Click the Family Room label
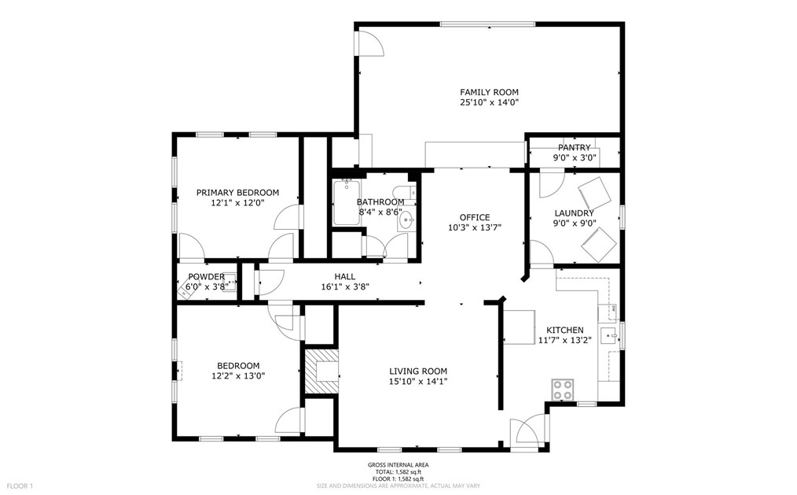(x=489, y=92)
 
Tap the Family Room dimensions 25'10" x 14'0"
(x=489, y=102)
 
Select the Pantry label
(x=575, y=147)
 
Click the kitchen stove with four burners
(x=563, y=390)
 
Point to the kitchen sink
(x=608, y=336)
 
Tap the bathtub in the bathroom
(x=346, y=202)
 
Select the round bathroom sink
(x=406, y=221)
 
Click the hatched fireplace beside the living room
(x=321, y=371)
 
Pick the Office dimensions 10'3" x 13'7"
(x=475, y=227)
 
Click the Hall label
(x=344, y=276)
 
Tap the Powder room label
(x=207, y=276)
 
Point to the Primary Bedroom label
(x=238, y=192)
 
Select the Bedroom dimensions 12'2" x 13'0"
(x=238, y=376)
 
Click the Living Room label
(x=418, y=371)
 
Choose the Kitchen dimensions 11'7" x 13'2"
(x=564, y=340)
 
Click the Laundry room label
(x=574, y=213)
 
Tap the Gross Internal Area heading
(x=398, y=464)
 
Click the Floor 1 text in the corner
(x=20, y=486)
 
